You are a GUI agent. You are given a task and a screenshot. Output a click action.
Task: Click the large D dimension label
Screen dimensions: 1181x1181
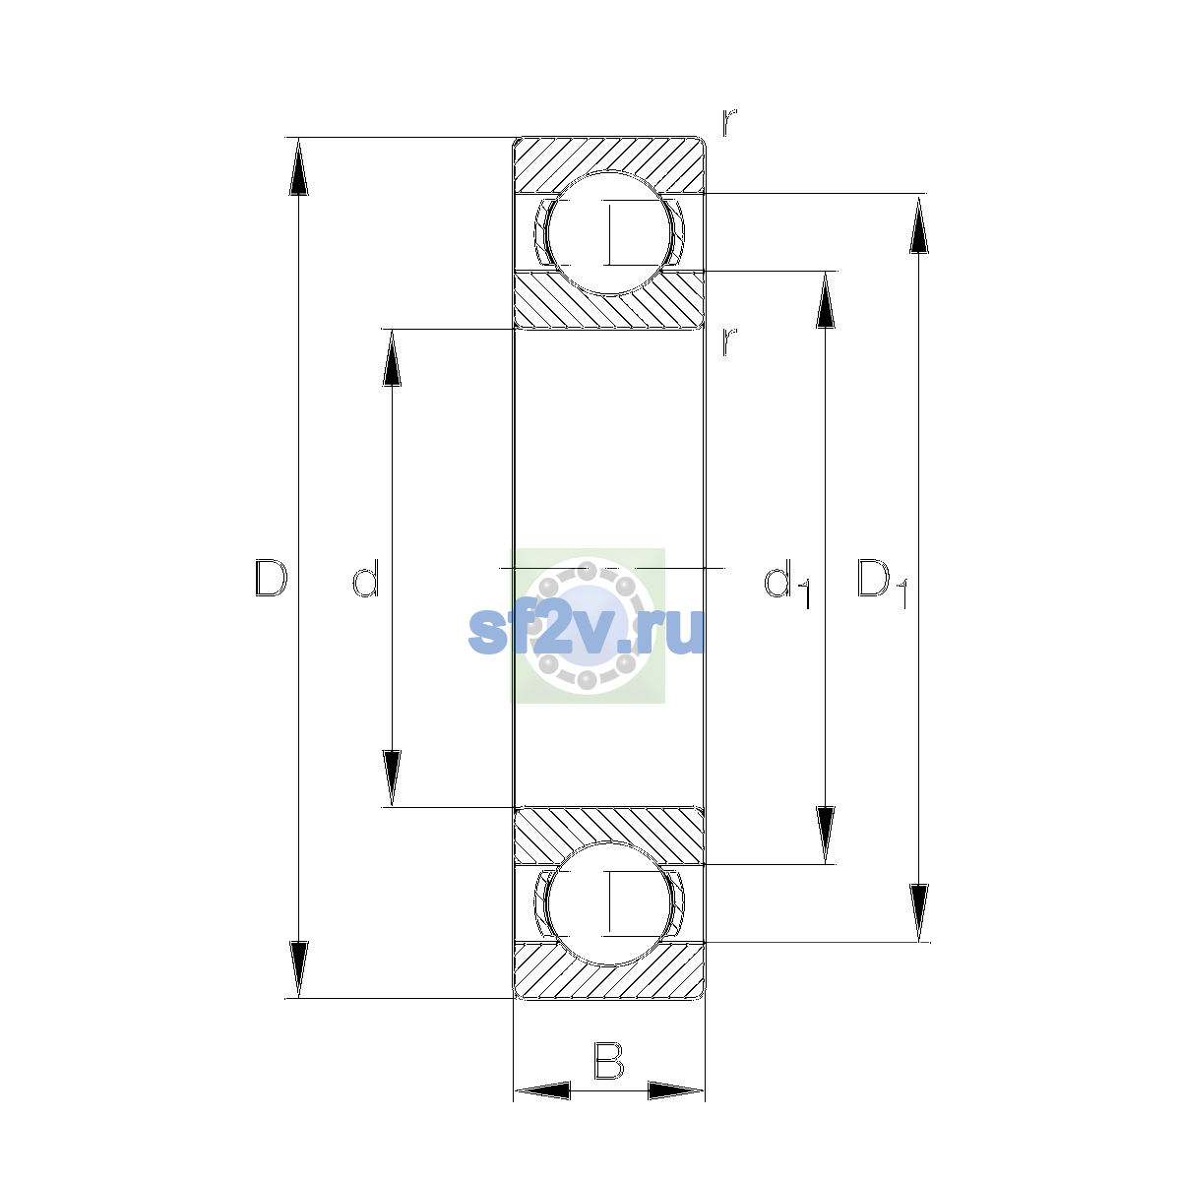[271, 578]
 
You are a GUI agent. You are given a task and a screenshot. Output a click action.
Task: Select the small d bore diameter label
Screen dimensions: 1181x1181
[366, 578]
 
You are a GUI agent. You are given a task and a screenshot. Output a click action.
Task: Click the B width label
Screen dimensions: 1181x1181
[608, 1060]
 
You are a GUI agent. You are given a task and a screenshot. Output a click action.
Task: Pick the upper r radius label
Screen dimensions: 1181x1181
[729, 122]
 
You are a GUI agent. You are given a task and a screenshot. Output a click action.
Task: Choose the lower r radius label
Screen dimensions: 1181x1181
[729, 342]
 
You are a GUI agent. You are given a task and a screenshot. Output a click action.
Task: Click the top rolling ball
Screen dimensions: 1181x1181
[608, 233]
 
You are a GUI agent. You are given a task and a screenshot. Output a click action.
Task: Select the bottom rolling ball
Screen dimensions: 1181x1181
[608, 903]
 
